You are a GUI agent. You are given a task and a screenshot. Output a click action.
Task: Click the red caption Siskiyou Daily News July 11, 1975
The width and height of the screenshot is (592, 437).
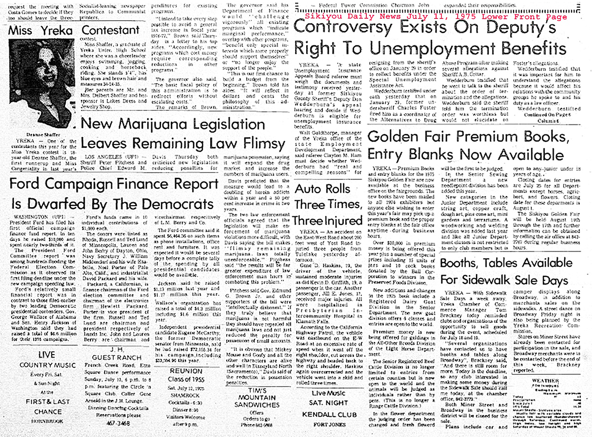(436, 16)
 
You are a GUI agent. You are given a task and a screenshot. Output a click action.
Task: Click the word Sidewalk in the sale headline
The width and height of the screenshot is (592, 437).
(482, 280)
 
